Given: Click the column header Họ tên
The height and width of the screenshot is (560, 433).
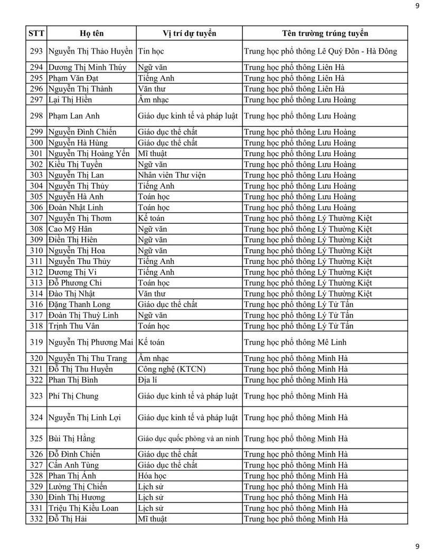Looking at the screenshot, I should (91, 33).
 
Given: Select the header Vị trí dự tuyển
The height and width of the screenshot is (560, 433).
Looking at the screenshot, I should (189, 33).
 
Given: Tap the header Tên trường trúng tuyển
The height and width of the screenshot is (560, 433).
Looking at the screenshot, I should (325, 33).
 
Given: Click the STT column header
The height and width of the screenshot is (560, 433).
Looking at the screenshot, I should (36, 33).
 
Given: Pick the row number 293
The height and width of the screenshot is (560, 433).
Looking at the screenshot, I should (36, 52).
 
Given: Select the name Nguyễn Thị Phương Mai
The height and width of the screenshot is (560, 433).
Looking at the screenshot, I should (90, 342).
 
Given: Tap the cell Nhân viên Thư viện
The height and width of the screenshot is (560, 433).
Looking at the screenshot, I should (172, 175).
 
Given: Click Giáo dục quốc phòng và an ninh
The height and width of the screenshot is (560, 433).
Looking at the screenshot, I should (189, 438).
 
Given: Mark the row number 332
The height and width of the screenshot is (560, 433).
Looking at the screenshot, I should (36, 519).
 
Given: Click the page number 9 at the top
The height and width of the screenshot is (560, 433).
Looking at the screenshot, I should (417, 6).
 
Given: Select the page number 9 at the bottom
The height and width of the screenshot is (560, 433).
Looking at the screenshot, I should (417, 546).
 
